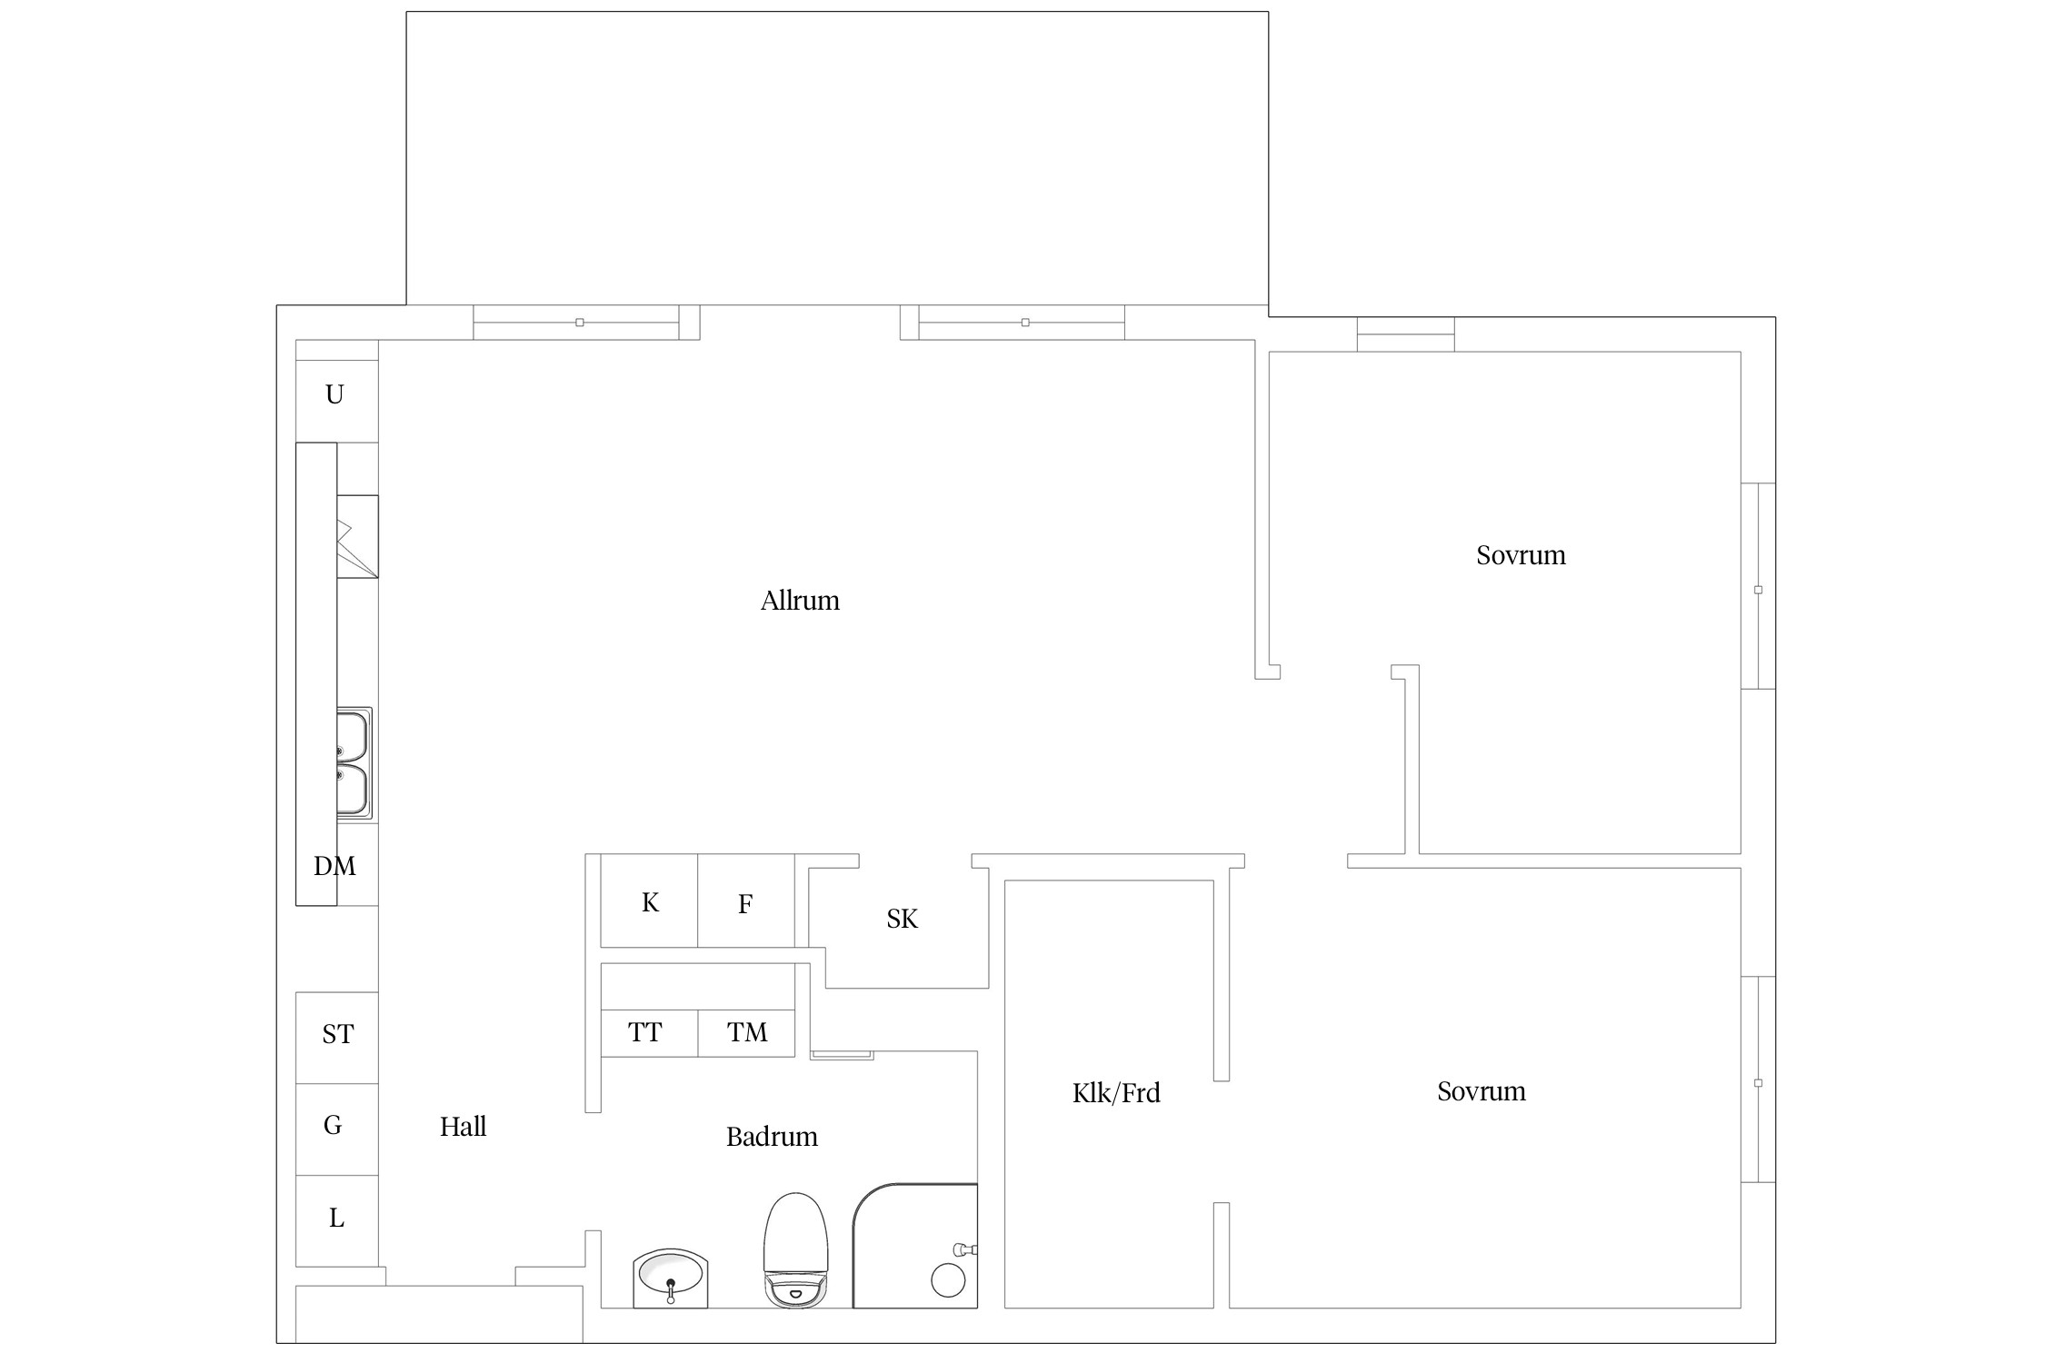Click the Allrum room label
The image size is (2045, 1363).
[x=800, y=601]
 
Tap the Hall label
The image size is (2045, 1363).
[x=464, y=1127]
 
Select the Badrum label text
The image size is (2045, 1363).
[x=772, y=1137]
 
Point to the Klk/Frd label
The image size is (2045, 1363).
[x=1116, y=1092]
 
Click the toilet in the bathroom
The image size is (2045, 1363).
[x=796, y=1250]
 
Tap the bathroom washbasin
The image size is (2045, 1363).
[x=671, y=1278]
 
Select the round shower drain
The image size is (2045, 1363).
[x=948, y=1280]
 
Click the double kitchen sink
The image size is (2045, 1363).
[x=354, y=764]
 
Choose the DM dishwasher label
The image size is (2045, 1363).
[x=334, y=866]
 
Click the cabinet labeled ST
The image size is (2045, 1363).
[x=337, y=1038]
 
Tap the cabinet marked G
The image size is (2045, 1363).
[x=337, y=1129]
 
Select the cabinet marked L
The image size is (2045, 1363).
[x=337, y=1220]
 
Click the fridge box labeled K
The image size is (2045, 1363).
[x=650, y=900]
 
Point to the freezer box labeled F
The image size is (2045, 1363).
[x=746, y=900]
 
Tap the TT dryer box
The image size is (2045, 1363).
[x=650, y=1033]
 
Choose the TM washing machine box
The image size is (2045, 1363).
[x=746, y=1033]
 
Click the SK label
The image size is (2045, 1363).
[x=903, y=920]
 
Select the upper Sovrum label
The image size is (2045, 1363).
[x=1521, y=555]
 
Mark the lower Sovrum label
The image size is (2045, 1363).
[x=1481, y=1091]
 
